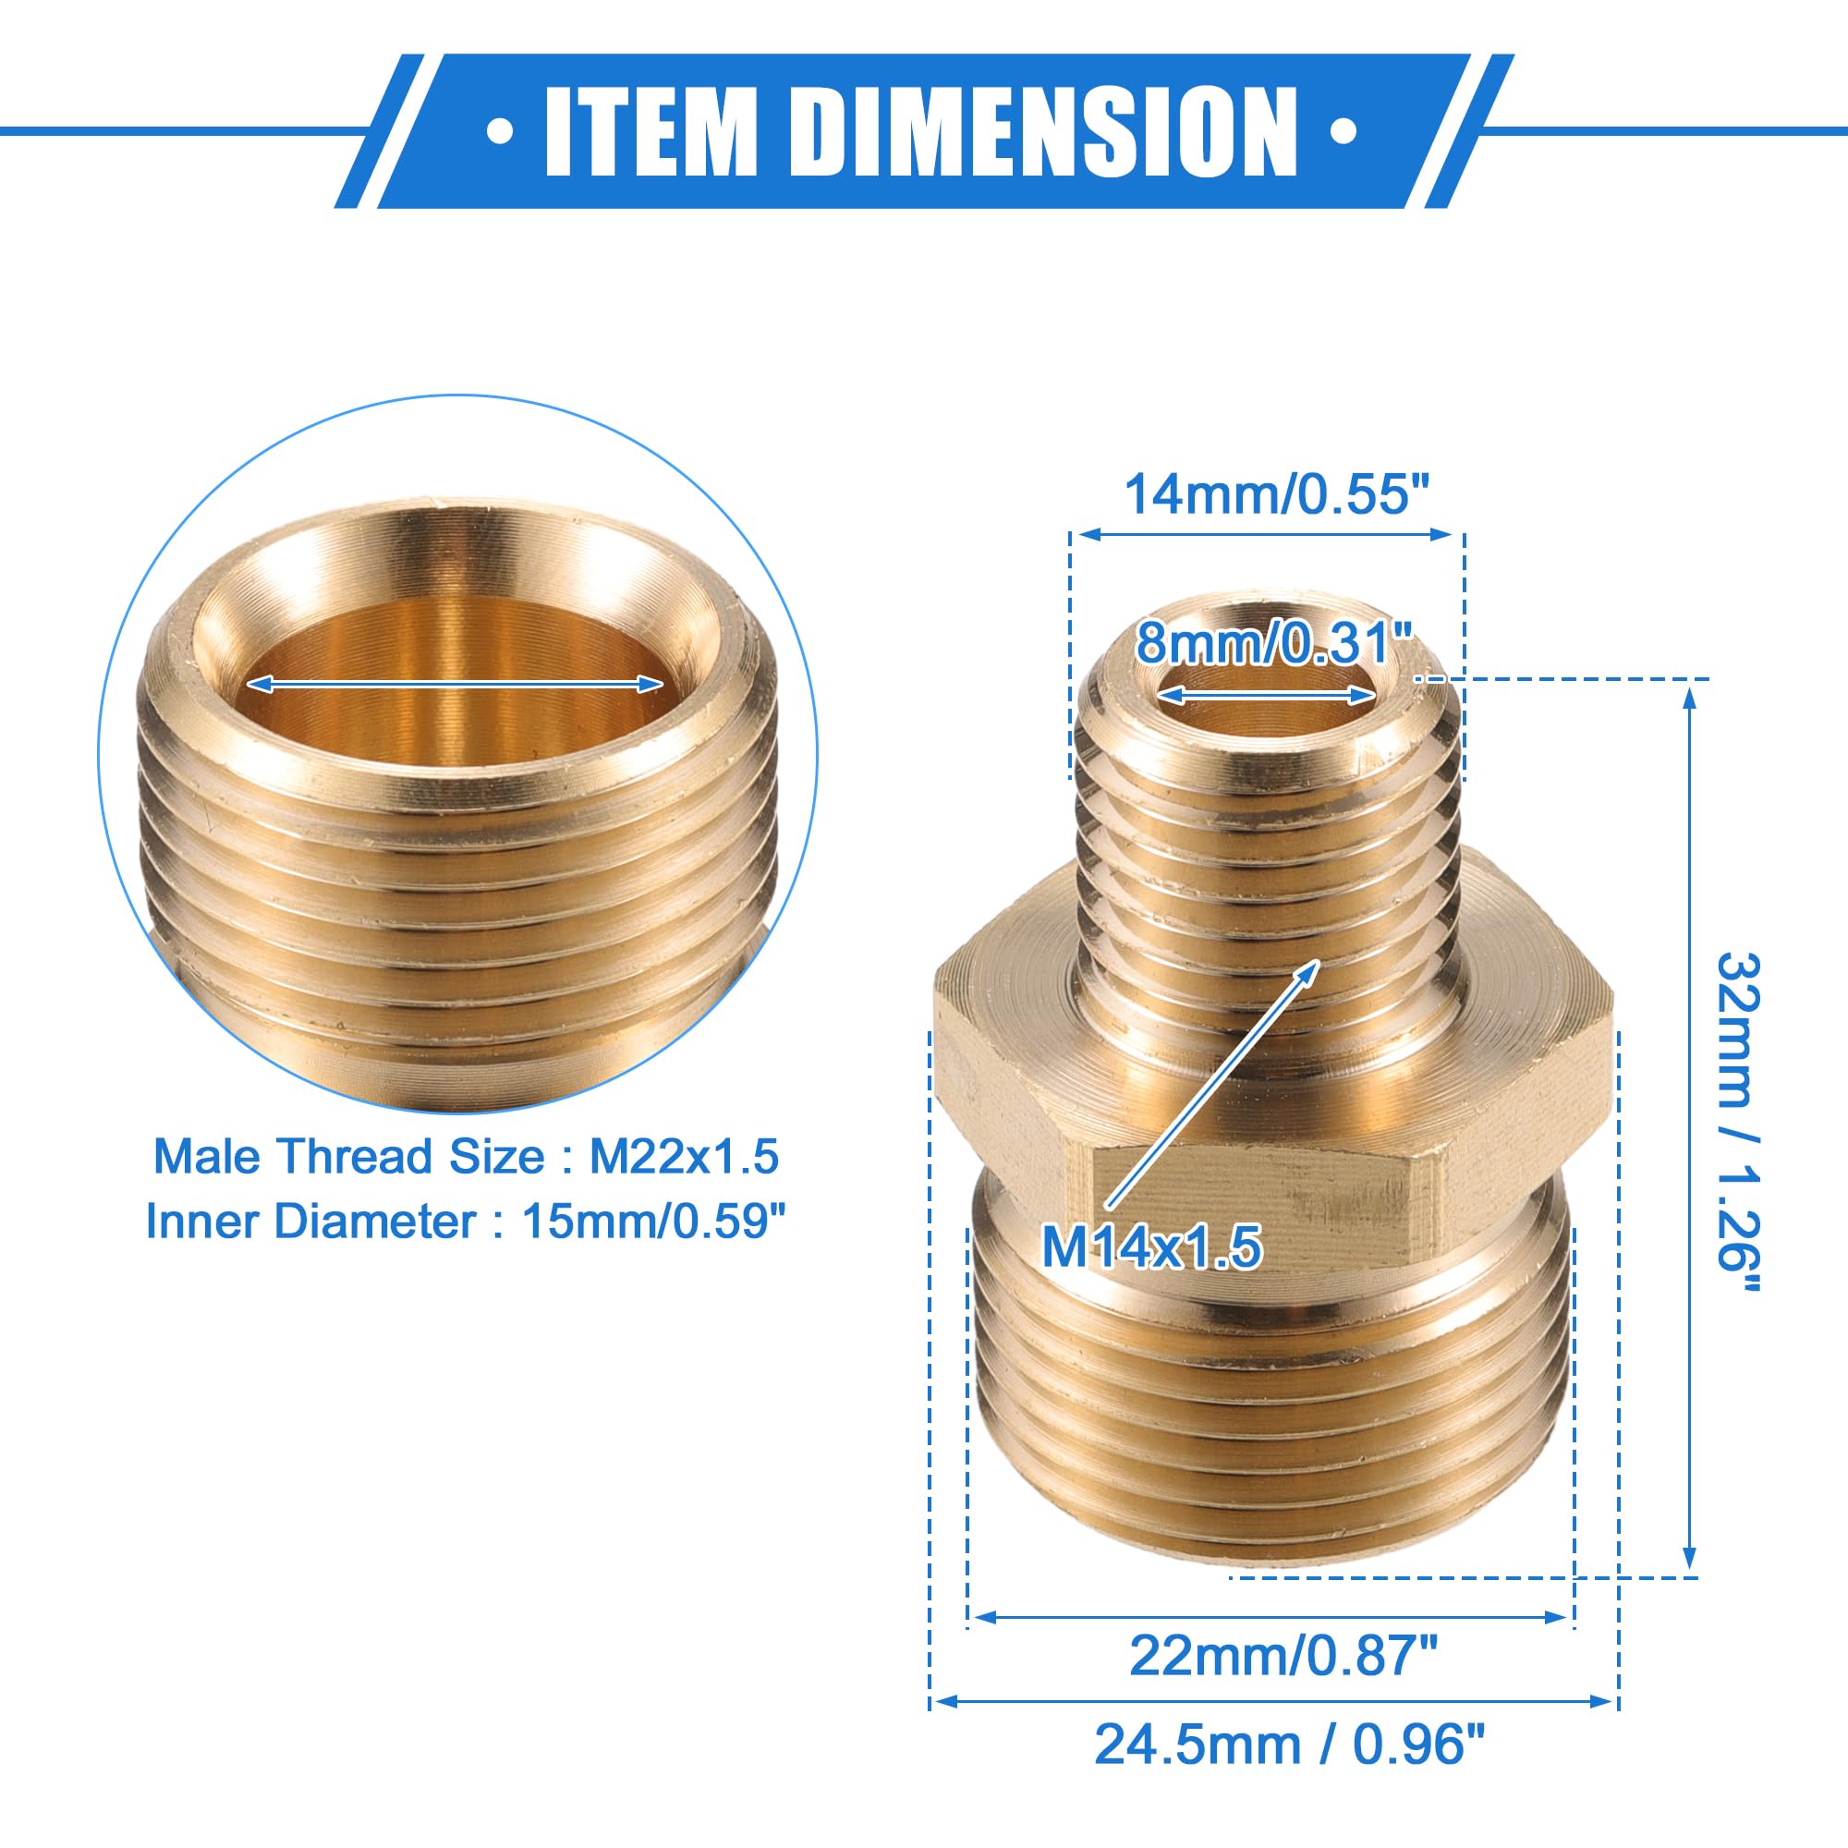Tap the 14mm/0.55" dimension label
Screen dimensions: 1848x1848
tap(1276, 494)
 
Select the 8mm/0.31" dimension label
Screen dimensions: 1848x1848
tap(1274, 642)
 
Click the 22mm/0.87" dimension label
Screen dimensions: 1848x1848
tap(1283, 1655)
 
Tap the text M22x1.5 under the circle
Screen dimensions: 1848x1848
tap(684, 1157)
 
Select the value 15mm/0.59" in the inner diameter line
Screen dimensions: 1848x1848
tap(654, 1222)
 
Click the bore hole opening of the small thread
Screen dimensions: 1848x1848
tap(1269, 706)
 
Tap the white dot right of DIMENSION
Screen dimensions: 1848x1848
tap(1343, 131)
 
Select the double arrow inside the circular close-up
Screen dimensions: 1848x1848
tap(456, 684)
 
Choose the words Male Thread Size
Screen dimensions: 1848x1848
tap(349, 1157)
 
